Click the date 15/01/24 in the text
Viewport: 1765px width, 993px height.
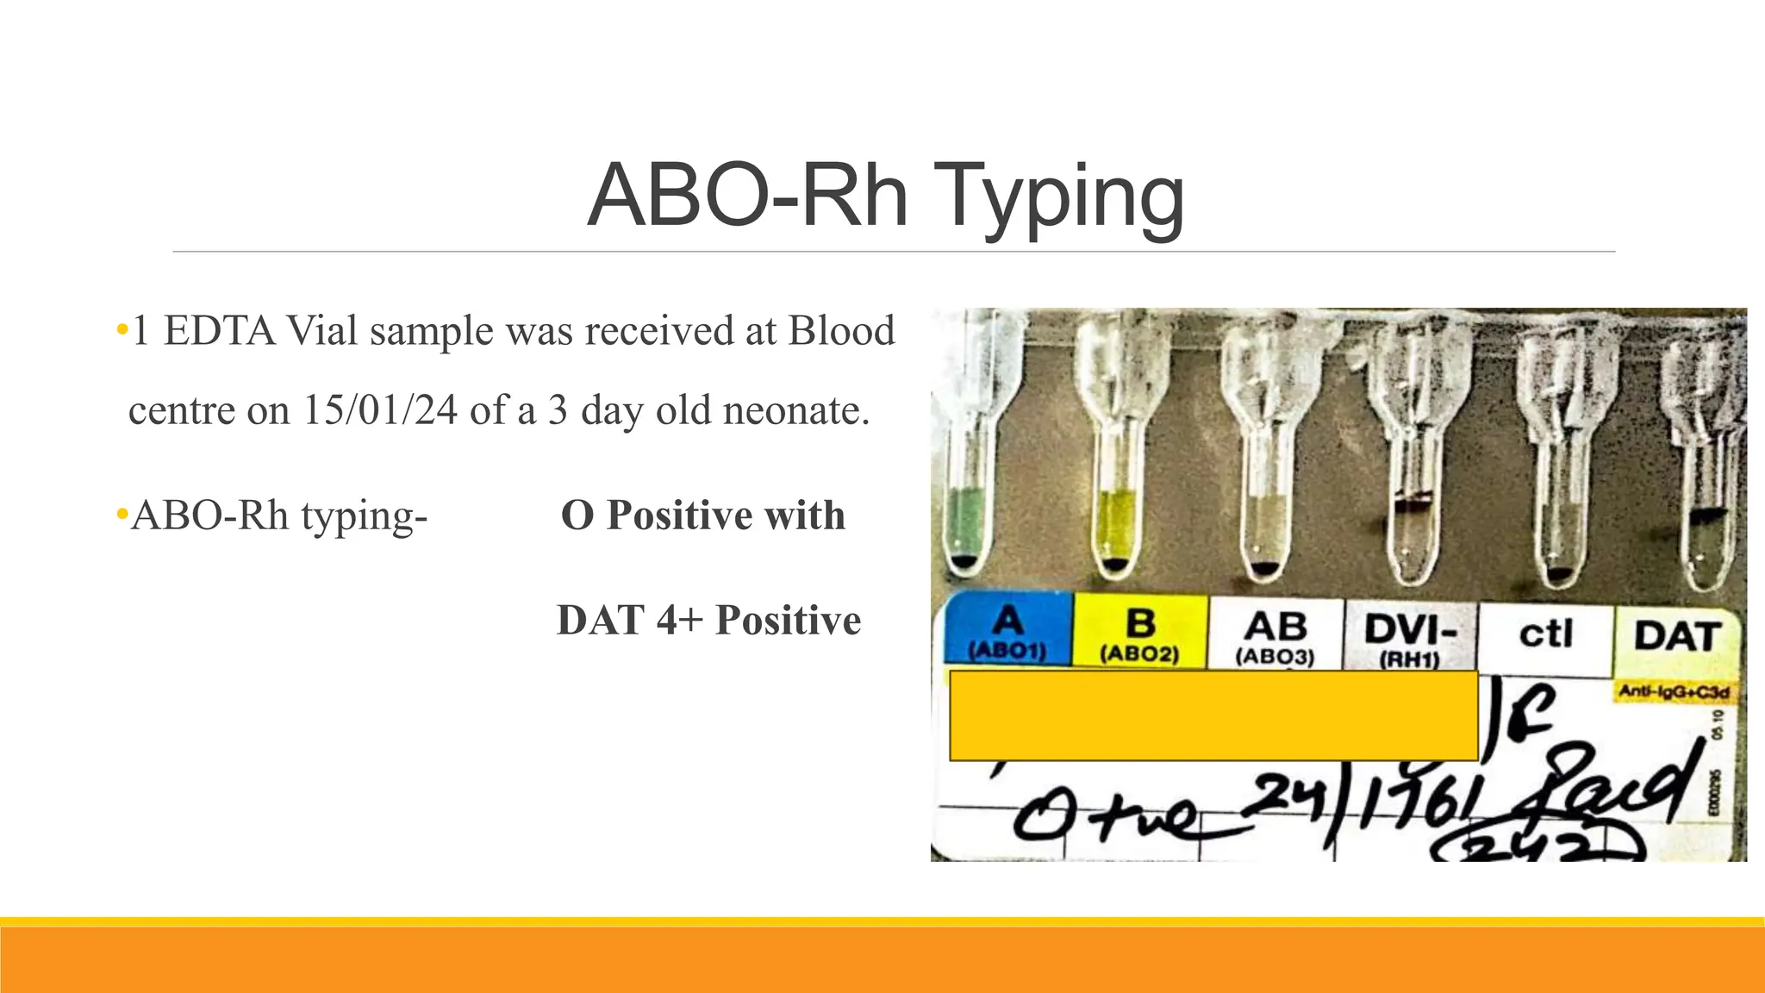tap(379, 410)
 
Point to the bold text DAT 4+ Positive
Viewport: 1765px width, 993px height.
tap(708, 621)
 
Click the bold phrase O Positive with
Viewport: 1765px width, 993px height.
tap(702, 515)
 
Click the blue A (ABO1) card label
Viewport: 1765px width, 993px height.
tap(1007, 631)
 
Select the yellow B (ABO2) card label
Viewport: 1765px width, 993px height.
tap(1139, 634)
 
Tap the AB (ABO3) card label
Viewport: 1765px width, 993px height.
tap(1275, 636)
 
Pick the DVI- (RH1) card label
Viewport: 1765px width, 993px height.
tap(1410, 638)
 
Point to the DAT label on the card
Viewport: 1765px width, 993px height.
tap(1677, 637)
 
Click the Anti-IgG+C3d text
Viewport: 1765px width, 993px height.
tap(1673, 692)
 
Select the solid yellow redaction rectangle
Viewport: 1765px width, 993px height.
tap(1213, 715)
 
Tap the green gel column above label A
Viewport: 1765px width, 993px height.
tap(964, 521)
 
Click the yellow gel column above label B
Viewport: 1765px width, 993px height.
tap(1115, 521)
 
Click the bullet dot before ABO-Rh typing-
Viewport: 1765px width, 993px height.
tap(122, 516)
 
